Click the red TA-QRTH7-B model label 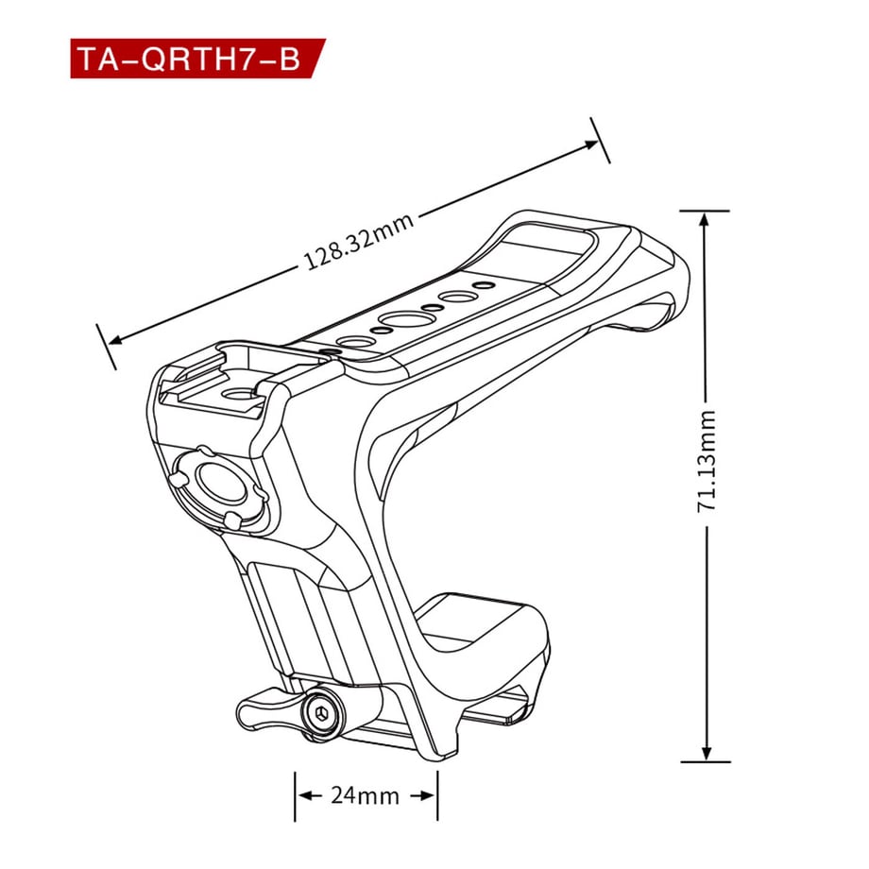[197, 59]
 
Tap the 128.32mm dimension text [359, 241]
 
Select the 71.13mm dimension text [707, 461]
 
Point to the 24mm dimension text [366, 796]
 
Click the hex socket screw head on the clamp [320, 712]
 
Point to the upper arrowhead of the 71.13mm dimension [704, 222]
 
